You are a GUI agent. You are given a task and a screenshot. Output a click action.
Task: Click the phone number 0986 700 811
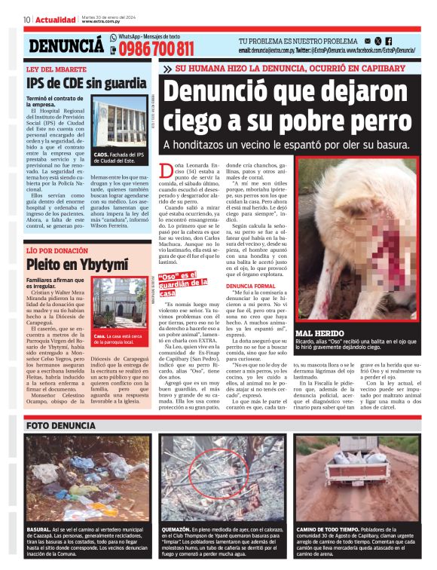pos(155,50)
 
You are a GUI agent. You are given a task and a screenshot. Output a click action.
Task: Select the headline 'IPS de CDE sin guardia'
pos(86,83)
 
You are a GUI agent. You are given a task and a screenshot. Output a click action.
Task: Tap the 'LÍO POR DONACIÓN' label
pos(57,250)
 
